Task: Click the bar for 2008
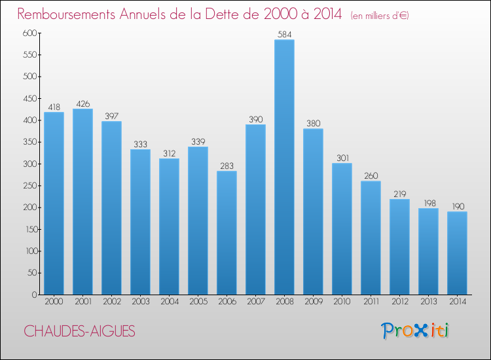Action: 284,167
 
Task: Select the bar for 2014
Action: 457,253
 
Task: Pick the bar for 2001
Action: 82,202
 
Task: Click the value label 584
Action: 284,34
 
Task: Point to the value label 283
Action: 227,166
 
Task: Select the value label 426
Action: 82,103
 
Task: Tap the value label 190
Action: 457,206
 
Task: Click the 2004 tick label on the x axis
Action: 169,302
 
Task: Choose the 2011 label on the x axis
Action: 371,302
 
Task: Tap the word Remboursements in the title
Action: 69,14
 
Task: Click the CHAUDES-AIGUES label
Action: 79,331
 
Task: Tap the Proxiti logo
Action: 414,331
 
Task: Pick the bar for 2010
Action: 342,228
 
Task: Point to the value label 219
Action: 399,194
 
